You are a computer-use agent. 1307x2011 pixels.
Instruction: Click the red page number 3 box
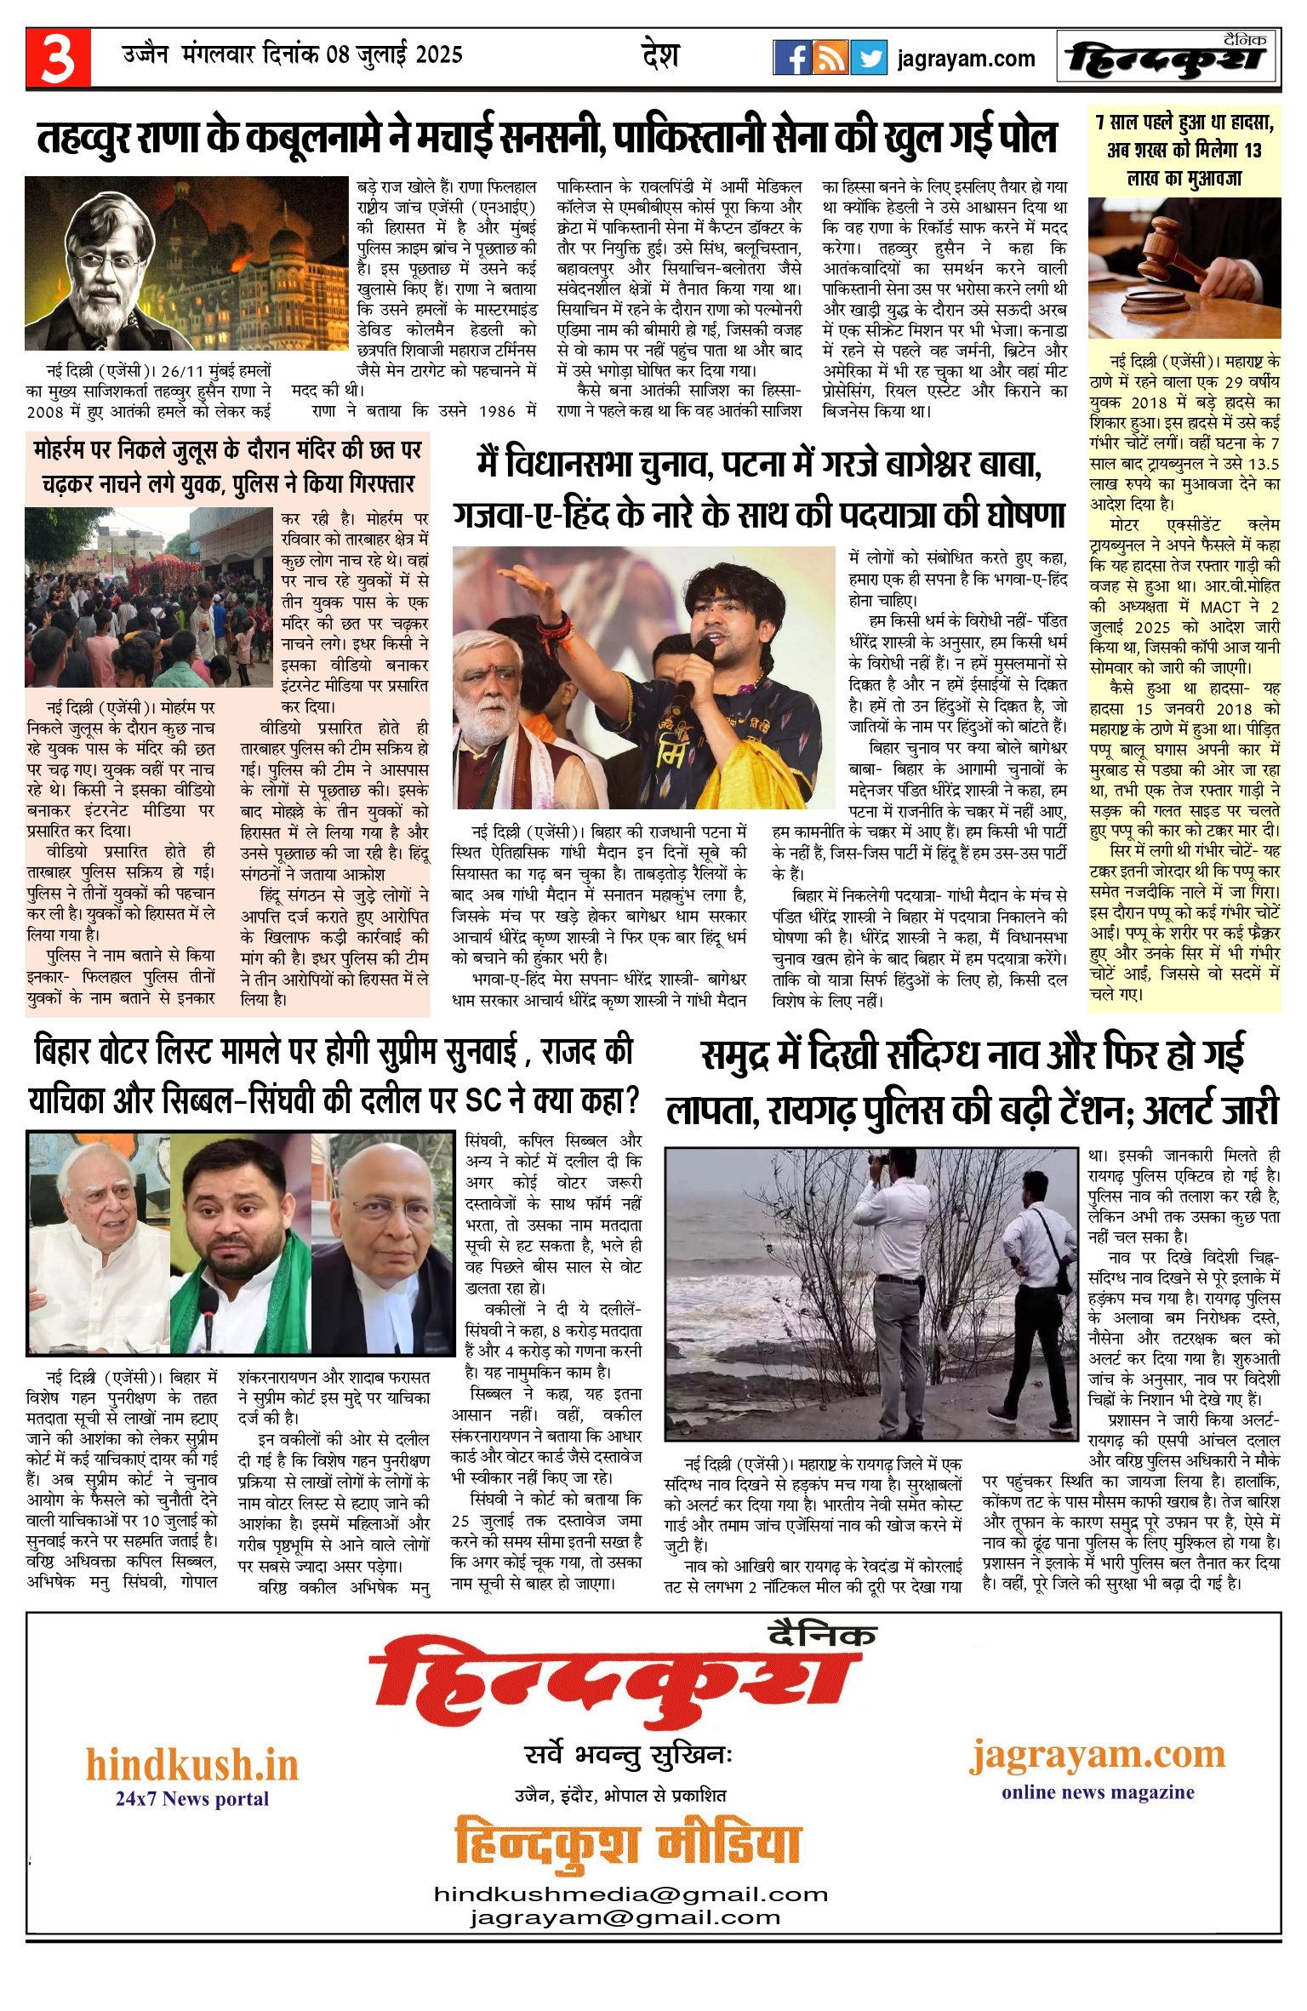coord(58,58)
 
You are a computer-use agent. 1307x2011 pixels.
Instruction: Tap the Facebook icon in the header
coord(791,58)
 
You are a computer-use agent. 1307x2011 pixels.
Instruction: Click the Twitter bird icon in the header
coord(869,58)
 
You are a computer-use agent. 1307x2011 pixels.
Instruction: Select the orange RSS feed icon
coord(830,58)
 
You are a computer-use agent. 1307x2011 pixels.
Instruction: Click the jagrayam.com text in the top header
coord(966,59)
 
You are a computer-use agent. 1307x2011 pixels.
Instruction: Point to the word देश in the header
coord(660,56)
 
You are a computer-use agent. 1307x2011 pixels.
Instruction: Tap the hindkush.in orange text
coord(191,1766)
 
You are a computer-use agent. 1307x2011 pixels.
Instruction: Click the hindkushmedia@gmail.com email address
coord(631,1894)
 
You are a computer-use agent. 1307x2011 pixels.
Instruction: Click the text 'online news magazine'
coord(1098,1792)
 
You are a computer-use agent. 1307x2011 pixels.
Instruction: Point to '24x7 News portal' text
coord(191,1798)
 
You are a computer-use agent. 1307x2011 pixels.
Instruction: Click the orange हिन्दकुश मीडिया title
coord(627,1842)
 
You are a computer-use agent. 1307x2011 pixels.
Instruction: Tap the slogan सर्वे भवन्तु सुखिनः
coord(629,1756)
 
